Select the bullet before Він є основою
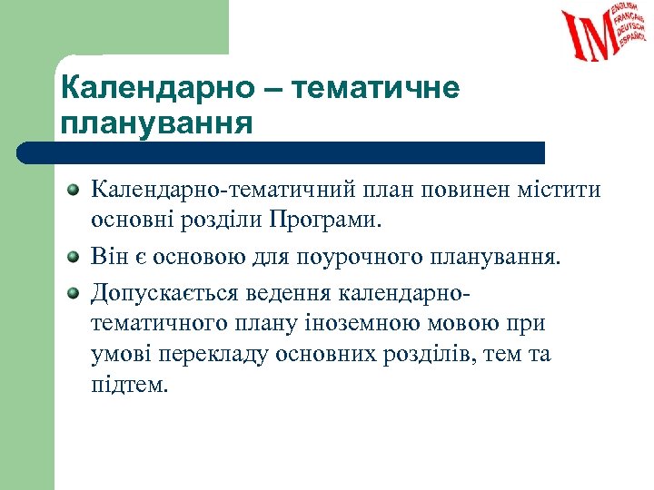click(74, 257)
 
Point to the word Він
click(109, 257)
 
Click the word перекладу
click(203, 355)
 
